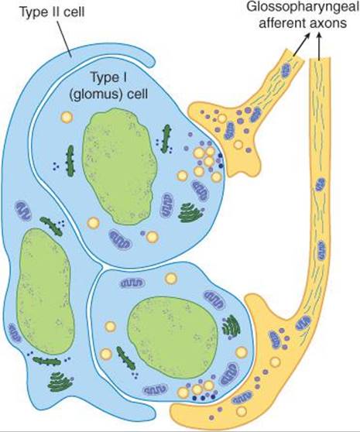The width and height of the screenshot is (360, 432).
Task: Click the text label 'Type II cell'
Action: (52, 13)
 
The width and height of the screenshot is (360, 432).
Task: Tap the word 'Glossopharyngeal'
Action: (303, 8)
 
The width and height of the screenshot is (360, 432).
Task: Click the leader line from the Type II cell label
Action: (65, 39)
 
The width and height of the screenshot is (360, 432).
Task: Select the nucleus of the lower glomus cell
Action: (173, 338)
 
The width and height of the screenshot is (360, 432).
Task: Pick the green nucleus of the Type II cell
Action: (45, 292)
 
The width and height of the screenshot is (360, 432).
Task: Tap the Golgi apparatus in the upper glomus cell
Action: (190, 213)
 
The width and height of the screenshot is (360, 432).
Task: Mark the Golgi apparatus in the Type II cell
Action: (59, 382)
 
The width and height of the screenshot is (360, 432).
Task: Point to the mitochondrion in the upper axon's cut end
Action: (286, 70)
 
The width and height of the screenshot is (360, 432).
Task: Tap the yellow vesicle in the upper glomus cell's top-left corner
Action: (67, 118)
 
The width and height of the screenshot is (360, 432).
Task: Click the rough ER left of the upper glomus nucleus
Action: (70, 161)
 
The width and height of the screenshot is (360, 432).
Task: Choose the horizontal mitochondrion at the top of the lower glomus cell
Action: (132, 283)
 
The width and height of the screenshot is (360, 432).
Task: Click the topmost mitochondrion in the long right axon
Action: (320, 184)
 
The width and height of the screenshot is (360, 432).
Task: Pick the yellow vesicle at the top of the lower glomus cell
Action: (171, 278)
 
